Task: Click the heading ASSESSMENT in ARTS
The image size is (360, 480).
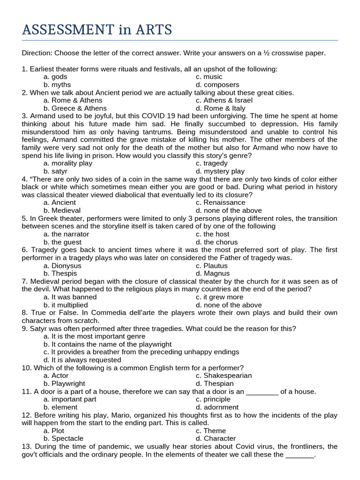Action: point(97,30)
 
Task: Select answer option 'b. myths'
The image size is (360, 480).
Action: point(57,85)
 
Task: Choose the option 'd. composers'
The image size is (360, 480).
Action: point(217,85)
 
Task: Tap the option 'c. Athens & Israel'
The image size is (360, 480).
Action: point(224,100)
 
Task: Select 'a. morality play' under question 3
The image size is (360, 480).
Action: point(68,164)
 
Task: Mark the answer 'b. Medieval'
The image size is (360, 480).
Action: point(62,210)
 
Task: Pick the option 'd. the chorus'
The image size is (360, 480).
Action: point(217,242)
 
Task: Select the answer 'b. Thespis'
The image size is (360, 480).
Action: point(61,273)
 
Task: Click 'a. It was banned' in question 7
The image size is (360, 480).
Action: point(70,297)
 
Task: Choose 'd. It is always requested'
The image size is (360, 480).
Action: point(82,360)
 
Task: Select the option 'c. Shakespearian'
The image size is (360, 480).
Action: point(224,375)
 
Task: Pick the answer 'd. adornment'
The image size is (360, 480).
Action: point(217,407)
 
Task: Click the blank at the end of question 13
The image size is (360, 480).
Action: point(300,455)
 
